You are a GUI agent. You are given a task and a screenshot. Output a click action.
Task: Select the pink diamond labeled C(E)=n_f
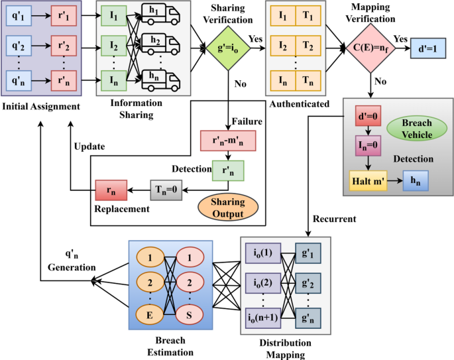click(x=370, y=48)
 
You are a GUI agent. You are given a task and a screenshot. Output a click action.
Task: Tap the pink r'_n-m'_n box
click(x=227, y=141)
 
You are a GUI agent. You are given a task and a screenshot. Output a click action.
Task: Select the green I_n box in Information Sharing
click(x=114, y=82)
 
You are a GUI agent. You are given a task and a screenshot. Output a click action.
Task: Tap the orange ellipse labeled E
click(x=150, y=314)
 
